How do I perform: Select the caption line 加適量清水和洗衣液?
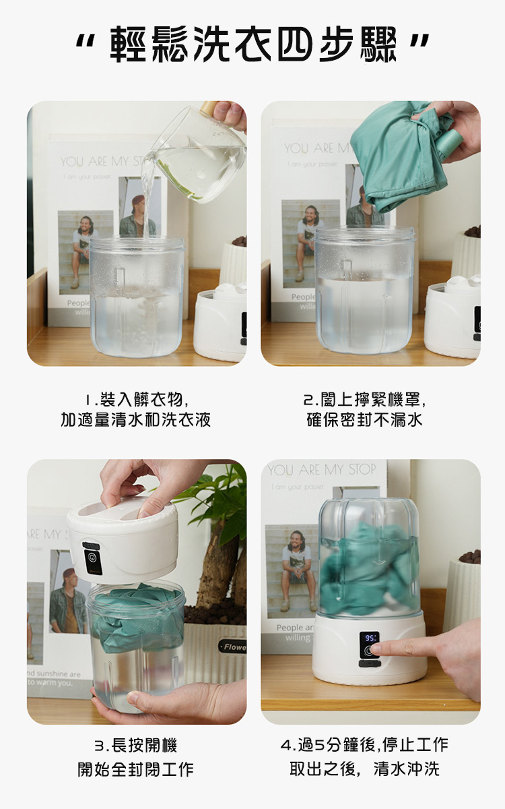tap(135, 420)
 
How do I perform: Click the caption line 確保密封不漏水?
tap(364, 420)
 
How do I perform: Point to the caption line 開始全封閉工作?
tap(135, 769)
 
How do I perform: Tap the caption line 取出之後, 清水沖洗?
tap(364, 769)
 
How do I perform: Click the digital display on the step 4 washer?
tap(370, 637)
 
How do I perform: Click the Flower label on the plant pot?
tap(233, 647)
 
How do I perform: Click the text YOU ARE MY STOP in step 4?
tap(322, 470)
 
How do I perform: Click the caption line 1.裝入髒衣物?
tap(135, 398)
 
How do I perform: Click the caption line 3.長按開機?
tap(135, 746)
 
